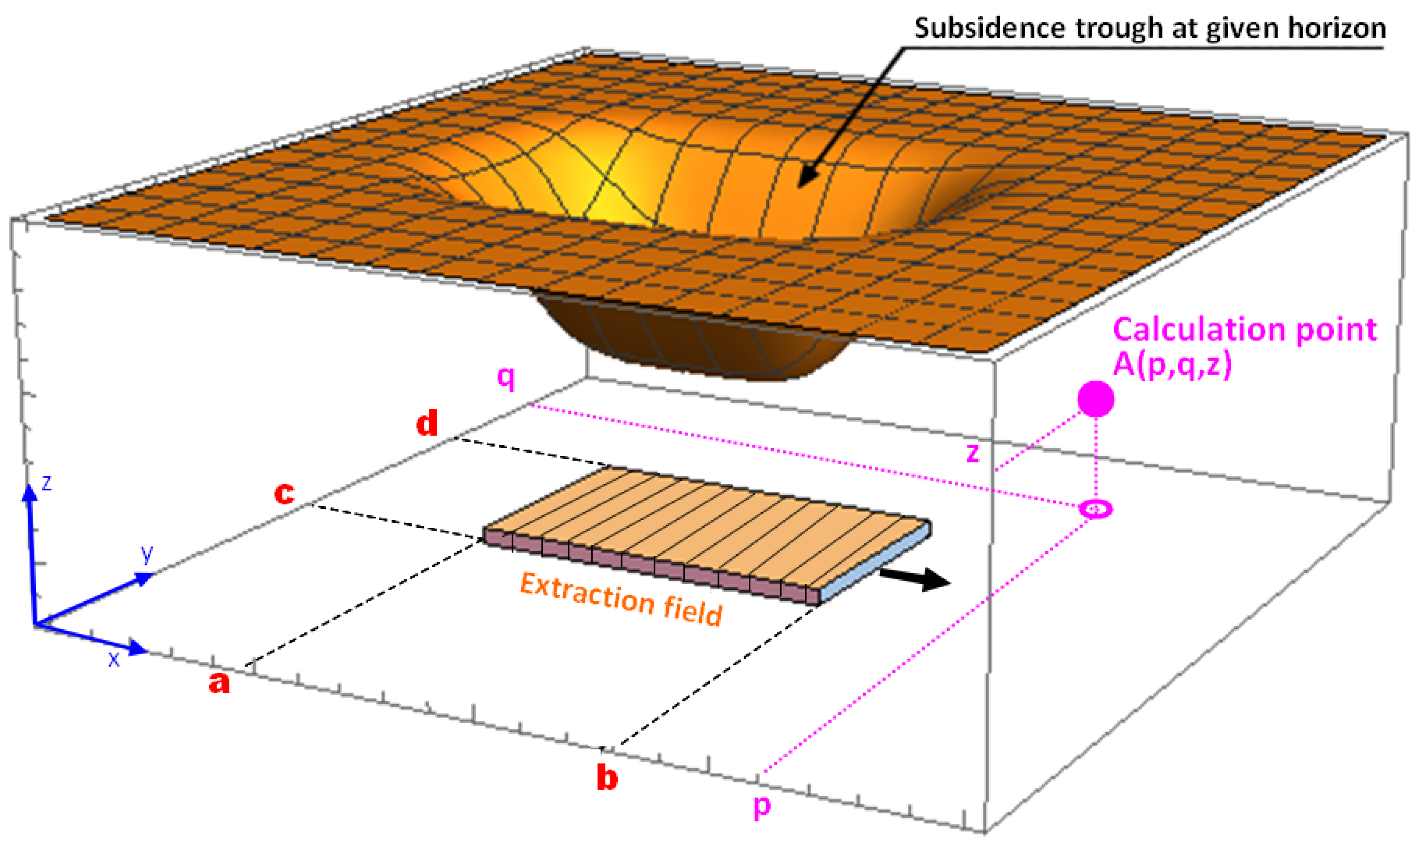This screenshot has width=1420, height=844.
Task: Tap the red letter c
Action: tap(285, 493)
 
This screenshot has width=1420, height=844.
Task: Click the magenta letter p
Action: tap(762, 806)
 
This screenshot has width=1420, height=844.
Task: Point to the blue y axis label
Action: tap(147, 553)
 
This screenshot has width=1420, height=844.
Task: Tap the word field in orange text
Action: tap(693, 613)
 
